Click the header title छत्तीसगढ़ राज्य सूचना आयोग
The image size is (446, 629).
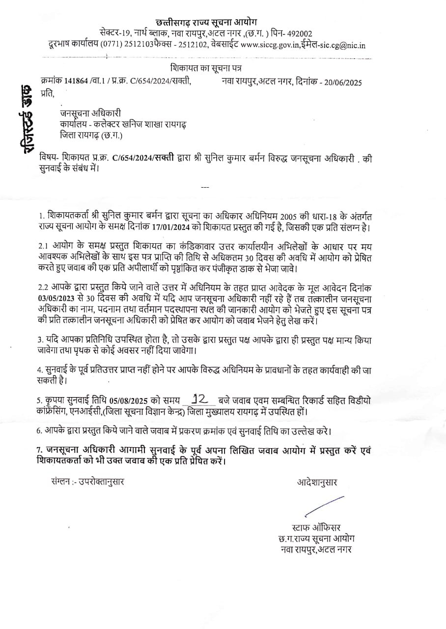[206, 22]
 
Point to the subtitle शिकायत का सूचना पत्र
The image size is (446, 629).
[206, 68]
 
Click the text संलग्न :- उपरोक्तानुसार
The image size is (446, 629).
[87, 482]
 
